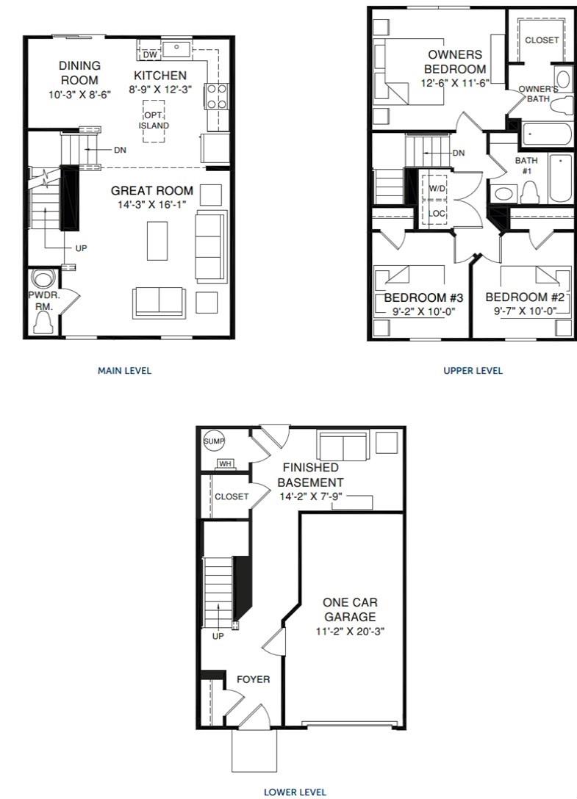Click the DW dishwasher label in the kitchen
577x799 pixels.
pyautogui.click(x=149, y=54)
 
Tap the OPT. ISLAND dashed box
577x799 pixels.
pyautogui.click(x=154, y=120)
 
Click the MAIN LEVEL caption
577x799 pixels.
pyautogui.click(x=124, y=371)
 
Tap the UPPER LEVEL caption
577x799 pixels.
pyautogui.click(x=473, y=371)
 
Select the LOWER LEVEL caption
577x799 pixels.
pyautogui.click(x=295, y=792)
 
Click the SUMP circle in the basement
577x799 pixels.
pyautogui.click(x=214, y=441)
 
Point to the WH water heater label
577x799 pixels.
pyautogui.click(x=224, y=463)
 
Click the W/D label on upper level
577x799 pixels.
pyautogui.click(x=437, y=188)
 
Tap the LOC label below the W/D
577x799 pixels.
pyautogui.click(x=437, y=213)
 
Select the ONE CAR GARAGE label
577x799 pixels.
pyautogui.click(x=349, y=610)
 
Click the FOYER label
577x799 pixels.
pyautogui.click(x=253, y=679)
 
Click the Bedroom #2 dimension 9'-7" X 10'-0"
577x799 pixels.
pyautogui.click(x=524, y=311)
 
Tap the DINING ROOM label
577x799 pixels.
pyautogui.click(x=79, y=73)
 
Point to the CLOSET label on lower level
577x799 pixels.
pyautogui.click(x=232, y=496)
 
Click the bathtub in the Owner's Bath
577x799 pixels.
pyautogui.click(x=545, y=134)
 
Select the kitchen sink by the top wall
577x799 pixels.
pyautogui.click(x=177, y=48)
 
